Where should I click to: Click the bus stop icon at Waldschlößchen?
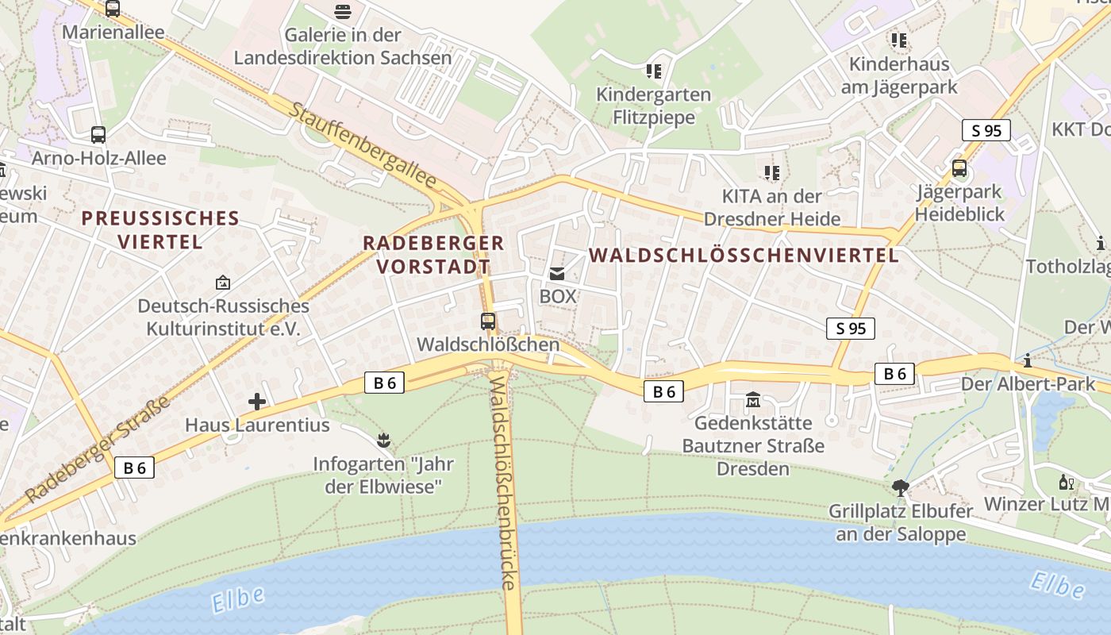[488, 321]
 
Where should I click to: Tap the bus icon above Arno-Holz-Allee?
[98, 135]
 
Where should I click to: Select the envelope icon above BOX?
[557, 274]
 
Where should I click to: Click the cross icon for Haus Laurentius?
[257, 402]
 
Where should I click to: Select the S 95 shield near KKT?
[986, 131]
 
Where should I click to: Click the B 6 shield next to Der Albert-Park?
[894, 374]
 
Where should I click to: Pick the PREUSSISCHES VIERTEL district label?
[160, 229]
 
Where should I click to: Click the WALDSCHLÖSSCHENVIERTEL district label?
[744, 255]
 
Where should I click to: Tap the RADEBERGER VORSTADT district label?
[433, 255]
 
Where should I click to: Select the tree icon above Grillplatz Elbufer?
[900, 487]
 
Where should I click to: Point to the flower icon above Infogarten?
[384, 439]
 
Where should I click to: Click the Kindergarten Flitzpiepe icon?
[654, 71]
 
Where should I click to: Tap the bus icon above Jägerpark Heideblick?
[959, 168]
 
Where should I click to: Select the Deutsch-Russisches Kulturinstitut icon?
[223, 283]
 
